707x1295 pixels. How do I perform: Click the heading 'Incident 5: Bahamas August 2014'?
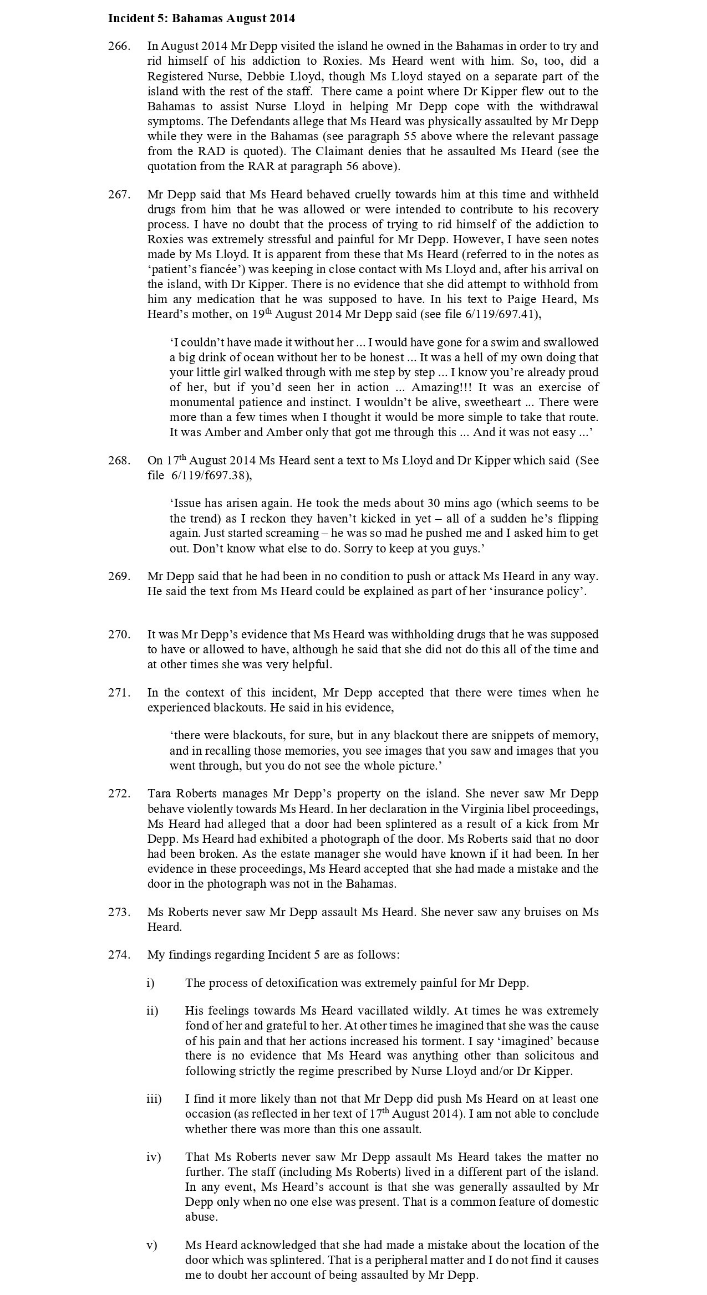click(x=201, y=18)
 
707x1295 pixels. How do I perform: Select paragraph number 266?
click(x=119, y=46)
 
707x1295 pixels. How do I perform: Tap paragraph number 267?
click(x=119, y=194)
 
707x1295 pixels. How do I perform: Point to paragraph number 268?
click(x=119, y=460)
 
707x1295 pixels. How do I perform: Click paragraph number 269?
click(x=119, y=576)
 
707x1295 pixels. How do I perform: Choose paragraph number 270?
click(x=119, y=634)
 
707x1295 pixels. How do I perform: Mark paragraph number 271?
click(x=119, y=693)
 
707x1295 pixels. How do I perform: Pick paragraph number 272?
click(x=119, y=794)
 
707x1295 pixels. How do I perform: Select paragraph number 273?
click(x=119, y=912)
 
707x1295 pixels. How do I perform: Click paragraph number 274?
click(x=119, y=955)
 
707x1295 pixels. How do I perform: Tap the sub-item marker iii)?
click(x=154, y=1099)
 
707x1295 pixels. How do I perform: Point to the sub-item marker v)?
click(x=152, y=1245)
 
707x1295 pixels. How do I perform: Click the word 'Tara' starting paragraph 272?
click(x=158, y=794)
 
